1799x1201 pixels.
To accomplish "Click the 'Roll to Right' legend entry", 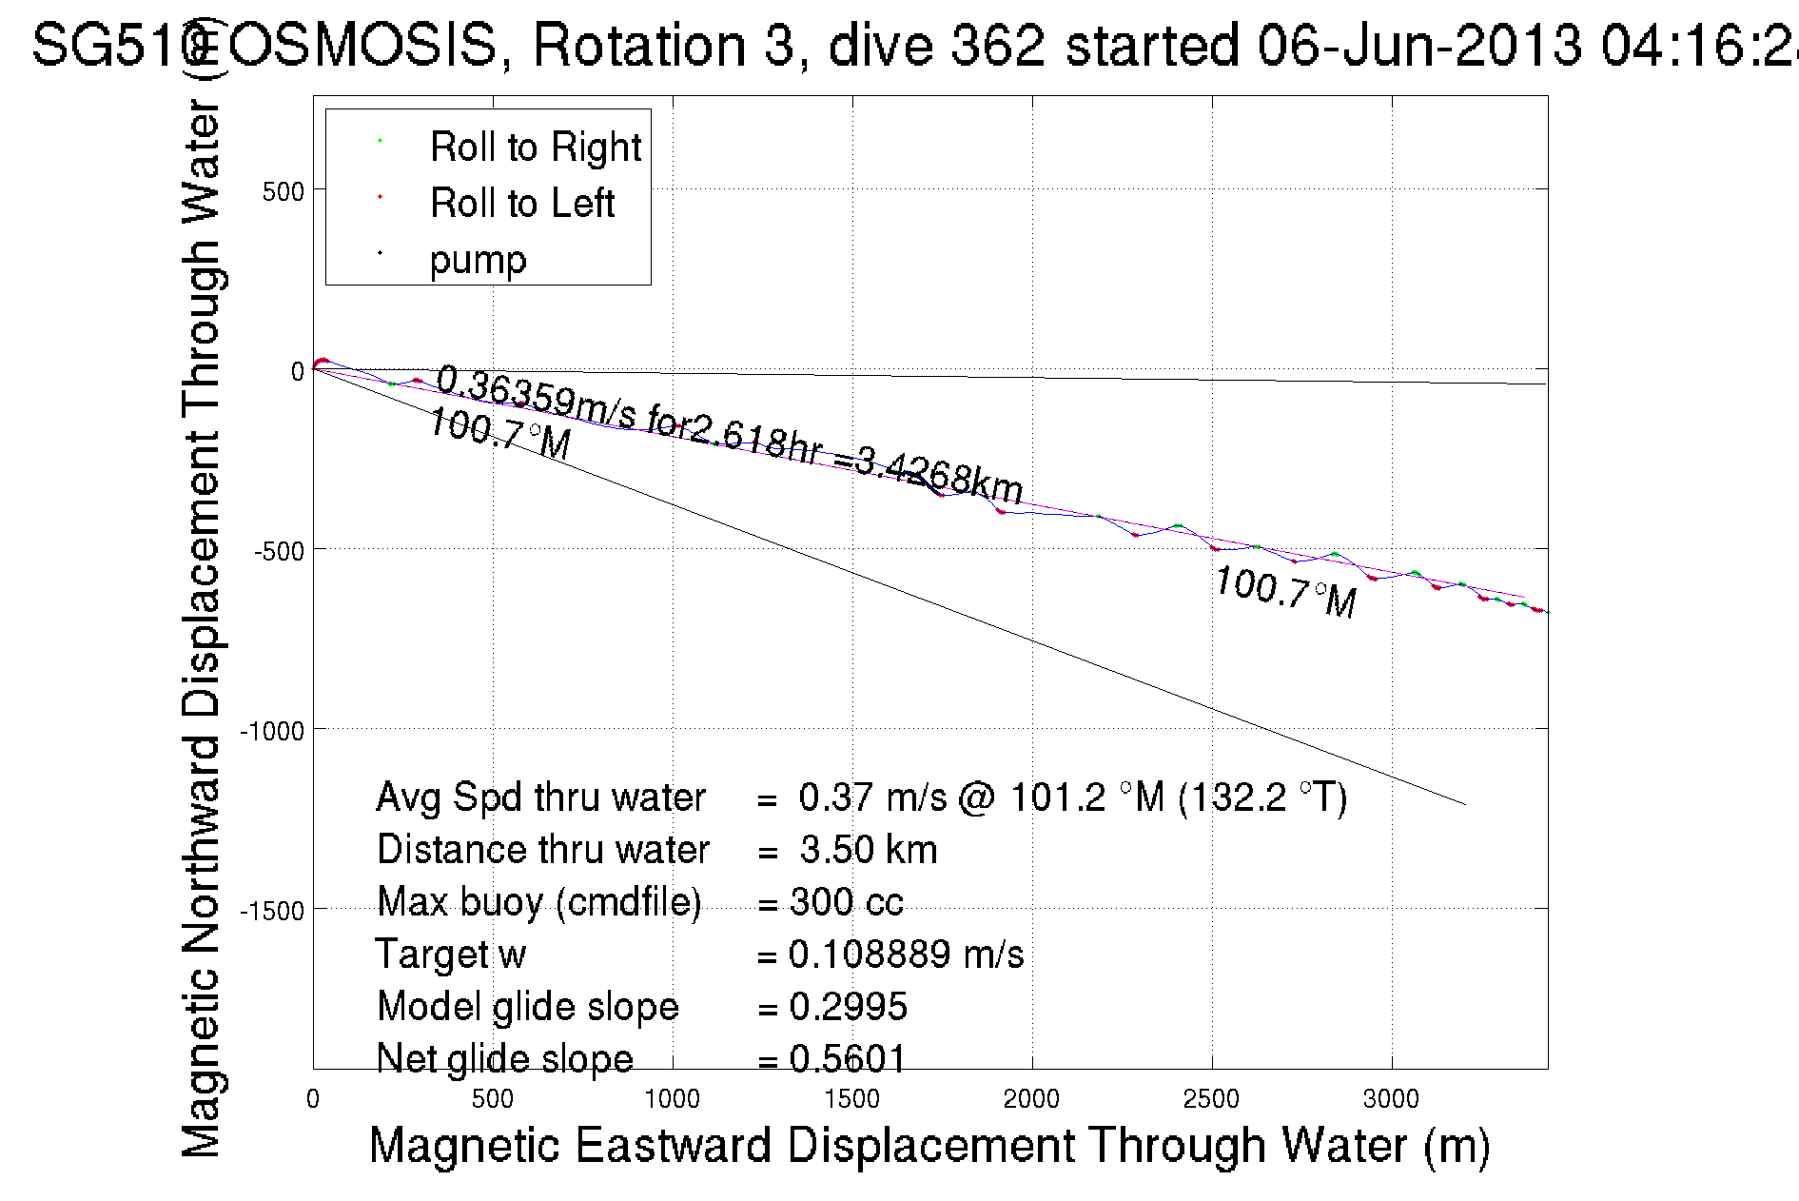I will click(x=535, y=148).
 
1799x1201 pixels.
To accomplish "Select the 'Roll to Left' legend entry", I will click(x=521, y=204).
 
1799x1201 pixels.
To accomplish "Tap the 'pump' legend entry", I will click(x=478, y=260).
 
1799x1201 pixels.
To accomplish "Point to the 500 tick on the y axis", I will click(x=283, y=191).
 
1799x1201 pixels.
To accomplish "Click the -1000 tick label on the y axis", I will click(x=273, y=731).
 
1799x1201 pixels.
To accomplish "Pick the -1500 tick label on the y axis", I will click(x=273, y=911).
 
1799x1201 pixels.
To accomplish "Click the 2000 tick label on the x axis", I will click(x=1031, y=1099).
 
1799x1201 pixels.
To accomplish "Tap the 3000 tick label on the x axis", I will click(x=1391, y=1099).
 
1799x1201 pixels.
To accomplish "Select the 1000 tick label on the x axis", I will click(x=672, y=1099).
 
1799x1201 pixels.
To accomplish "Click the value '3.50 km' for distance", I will click(x=868, y=850).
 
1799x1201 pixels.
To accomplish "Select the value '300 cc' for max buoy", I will click(x=846, y=902).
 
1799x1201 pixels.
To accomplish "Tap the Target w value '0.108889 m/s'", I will click(x=906, y=955).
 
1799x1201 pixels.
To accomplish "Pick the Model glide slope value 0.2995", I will click(x=848, y=1007).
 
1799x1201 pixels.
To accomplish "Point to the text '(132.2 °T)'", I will click(x=1262, y=797).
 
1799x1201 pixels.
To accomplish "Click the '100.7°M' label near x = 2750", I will click(x=1285, y=591).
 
